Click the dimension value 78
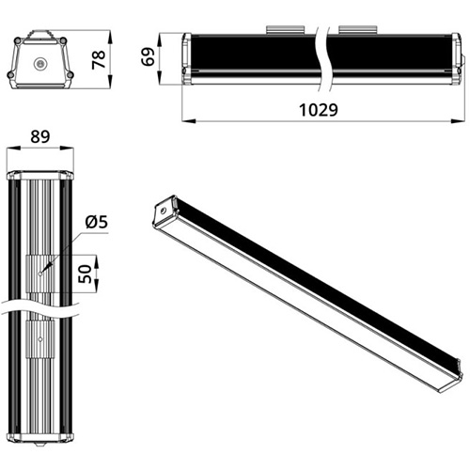point(99,59)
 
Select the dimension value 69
point(148,56)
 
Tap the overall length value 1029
point(319,110)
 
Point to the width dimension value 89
point(40,136)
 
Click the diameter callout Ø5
point(97,222)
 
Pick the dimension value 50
point(85,274)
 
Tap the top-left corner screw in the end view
point(18,40)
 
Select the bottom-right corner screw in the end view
point(70,74)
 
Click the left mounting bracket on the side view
point(285,29)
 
